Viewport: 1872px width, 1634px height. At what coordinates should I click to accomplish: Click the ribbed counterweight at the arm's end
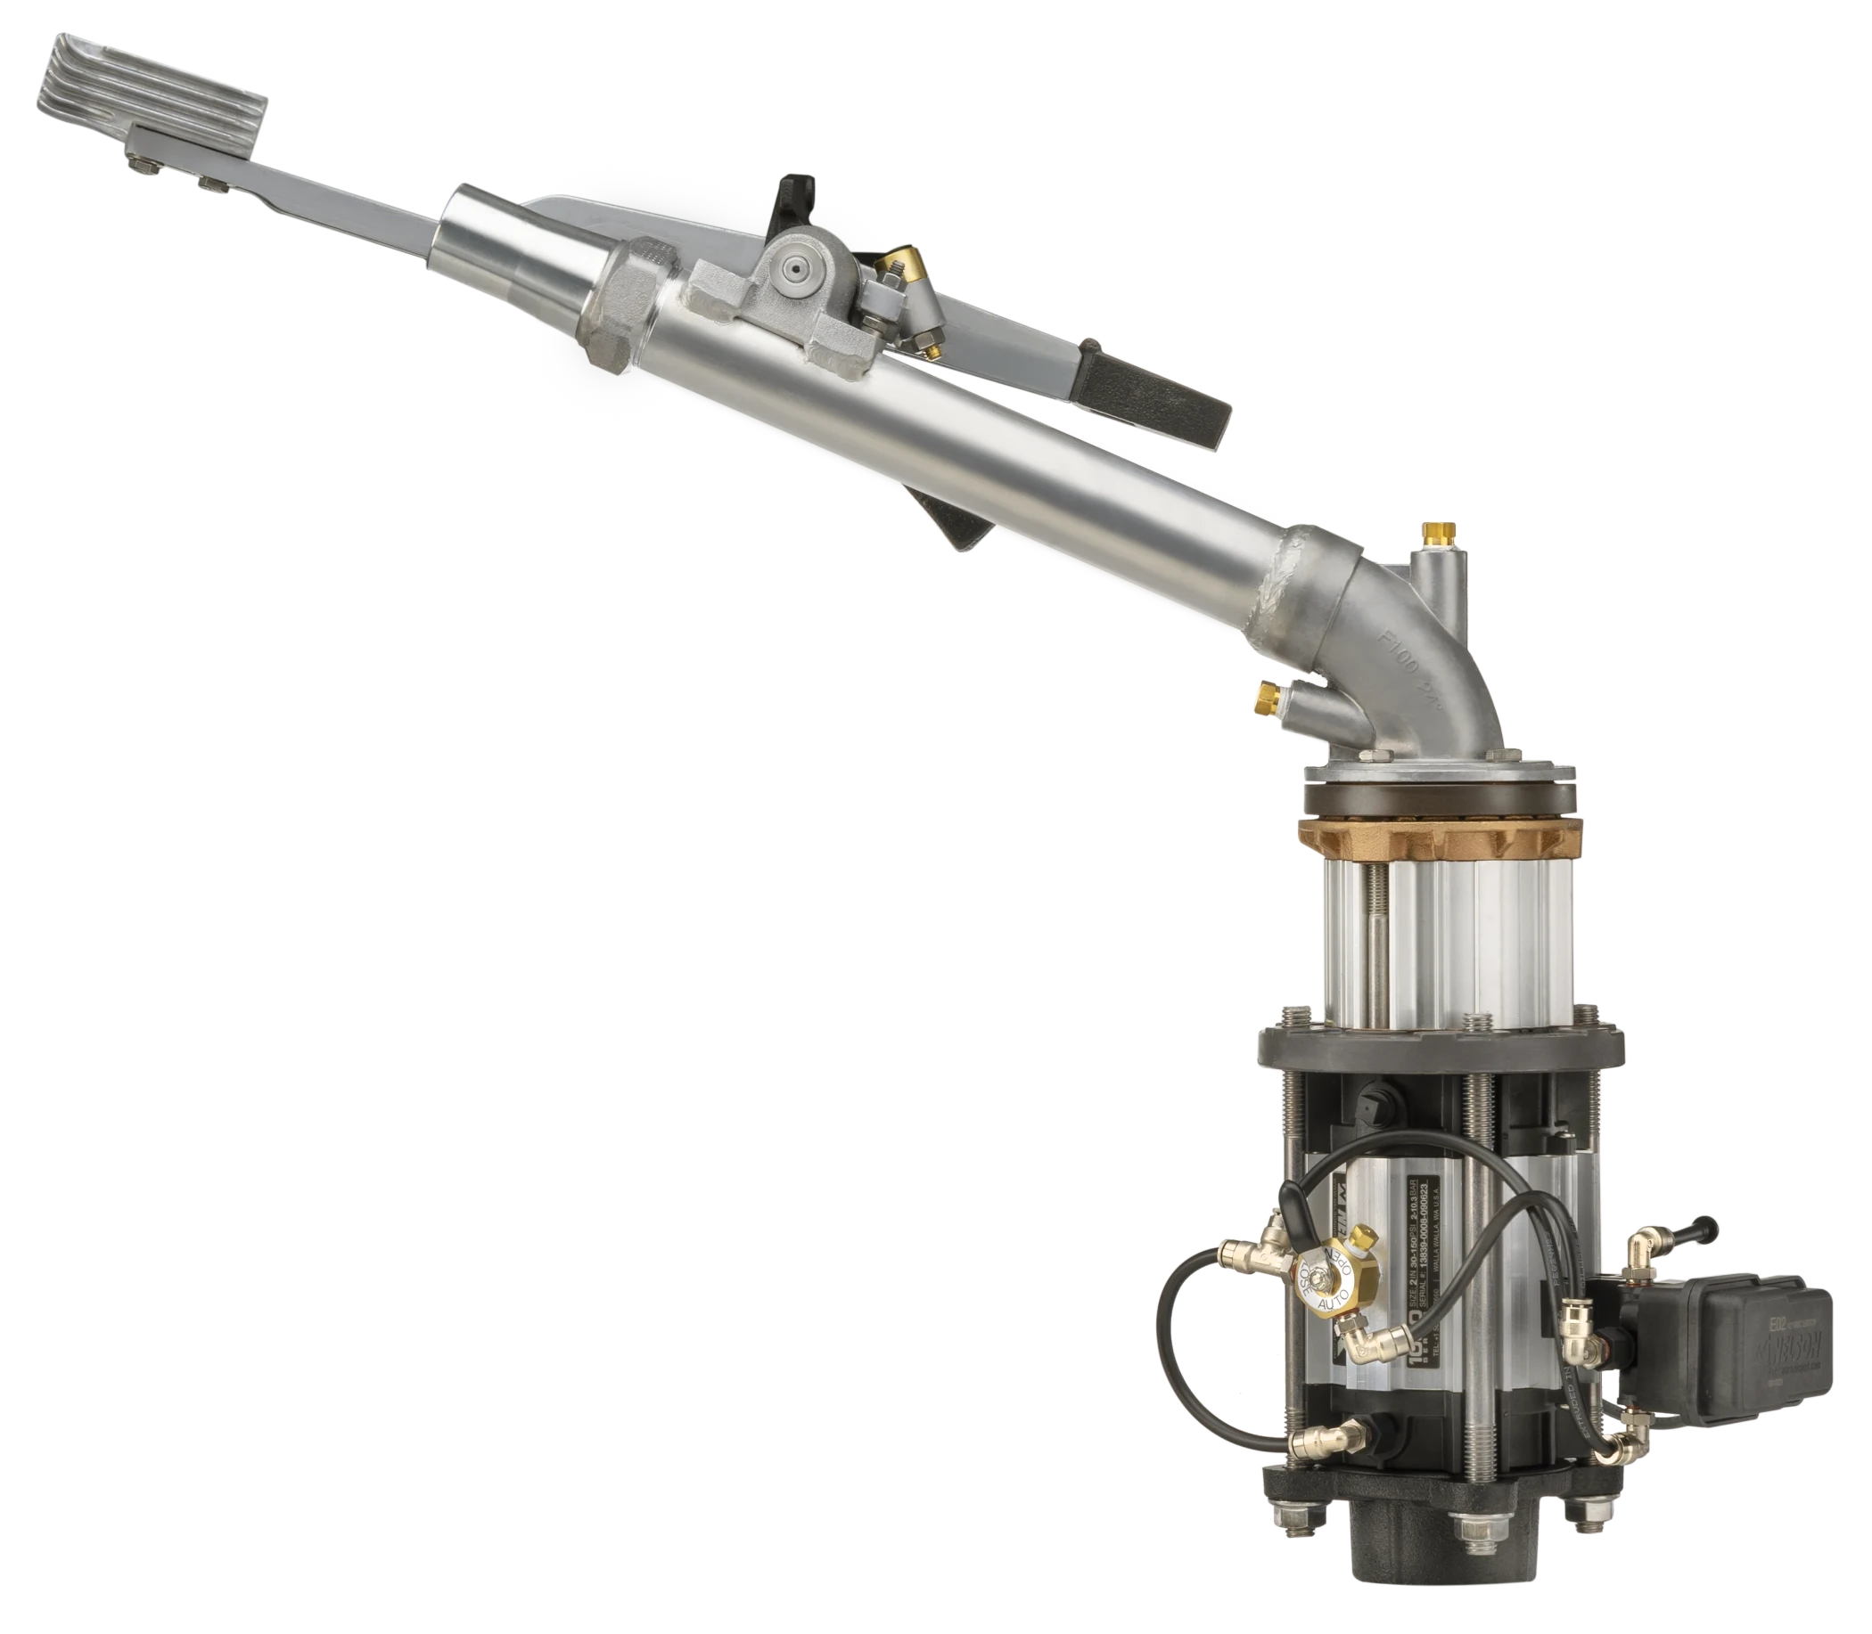click(x=155, y=95)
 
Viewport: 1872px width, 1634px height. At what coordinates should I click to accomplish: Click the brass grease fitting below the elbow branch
click(x=1266, y=697)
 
